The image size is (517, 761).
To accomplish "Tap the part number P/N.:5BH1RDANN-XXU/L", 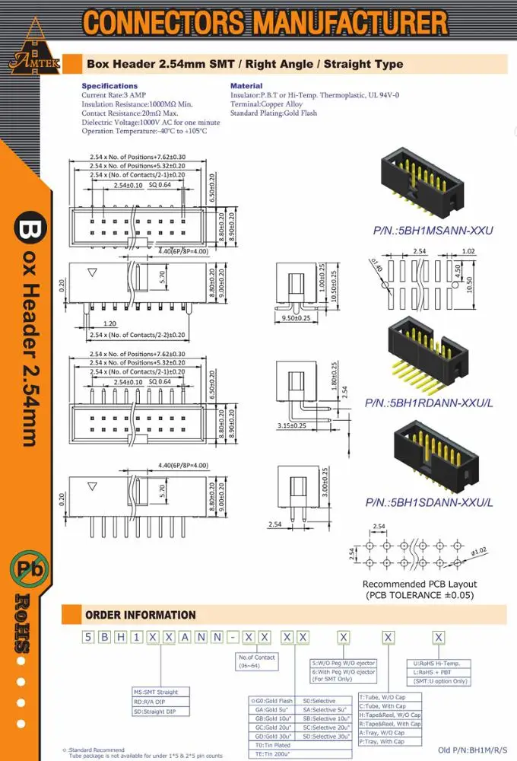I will click(x=429, y=403).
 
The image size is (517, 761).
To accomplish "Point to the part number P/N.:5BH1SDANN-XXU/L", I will click(x=429, y=502).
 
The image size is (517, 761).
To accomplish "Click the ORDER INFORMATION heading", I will click(x=141, y=615).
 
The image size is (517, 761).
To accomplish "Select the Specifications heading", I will click(x=109, y=86).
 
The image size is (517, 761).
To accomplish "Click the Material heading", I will click(x=246, y=86).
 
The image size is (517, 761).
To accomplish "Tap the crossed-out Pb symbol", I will click(x=29, y=568).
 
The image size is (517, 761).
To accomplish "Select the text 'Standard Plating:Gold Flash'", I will click(x=274, y=113).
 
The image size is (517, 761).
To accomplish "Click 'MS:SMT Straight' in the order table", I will click(x=156, y=693).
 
